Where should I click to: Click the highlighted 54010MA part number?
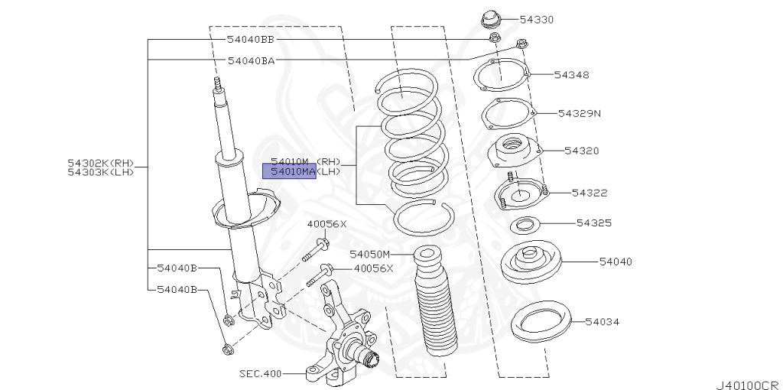[289, 172]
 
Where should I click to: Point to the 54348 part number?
[571, 75]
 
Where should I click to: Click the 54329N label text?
[579, 113]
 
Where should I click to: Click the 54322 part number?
[590, 193]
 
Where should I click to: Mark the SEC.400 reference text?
[260, 374]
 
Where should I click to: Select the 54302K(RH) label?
[100, 163]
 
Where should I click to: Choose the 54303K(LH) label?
[100, 172]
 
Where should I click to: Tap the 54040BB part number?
[250, 38]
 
